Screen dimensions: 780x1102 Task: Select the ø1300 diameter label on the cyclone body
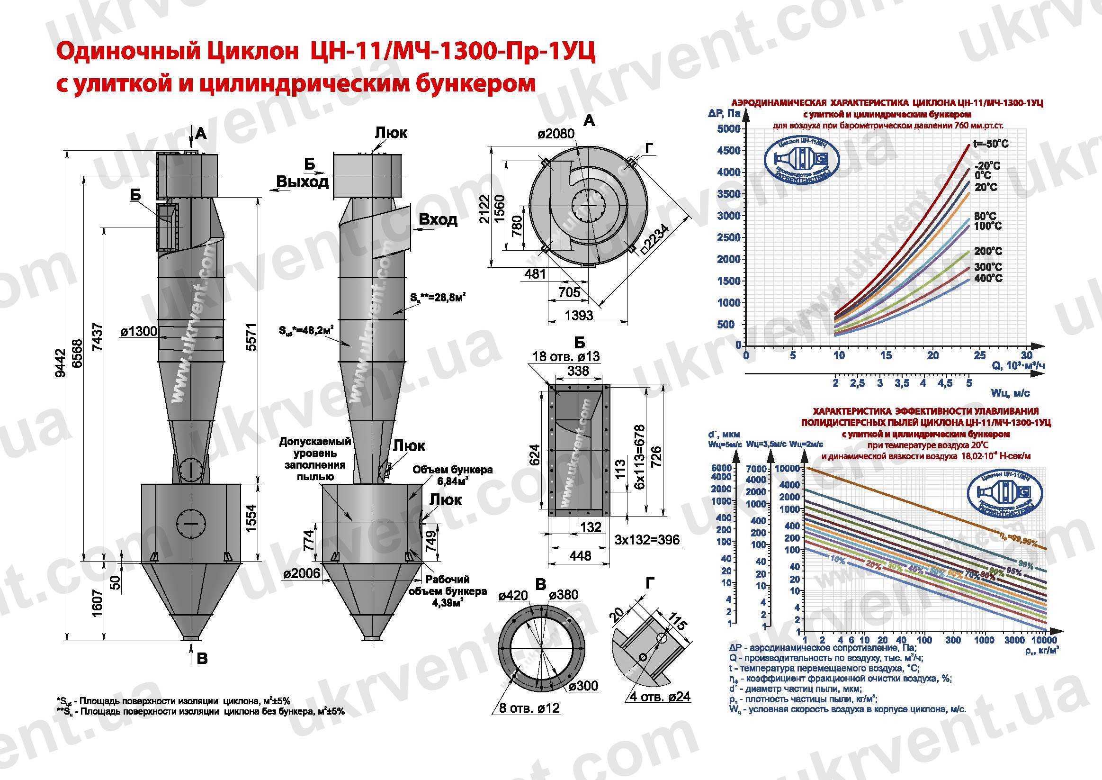[139, 331]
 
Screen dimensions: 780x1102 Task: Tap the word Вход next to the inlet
[438, 219]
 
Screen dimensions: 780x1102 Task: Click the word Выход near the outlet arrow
[303, 181]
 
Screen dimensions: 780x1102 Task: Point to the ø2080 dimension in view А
[556, 134]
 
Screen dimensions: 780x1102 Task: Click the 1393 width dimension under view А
[579, 316]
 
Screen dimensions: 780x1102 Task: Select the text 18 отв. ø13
[566, 356]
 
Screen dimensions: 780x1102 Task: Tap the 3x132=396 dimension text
[647, 540]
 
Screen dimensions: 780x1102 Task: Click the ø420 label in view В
[513, 596]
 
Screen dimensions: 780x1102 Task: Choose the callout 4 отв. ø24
[660, 697]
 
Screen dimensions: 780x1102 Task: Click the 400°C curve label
[988, 278]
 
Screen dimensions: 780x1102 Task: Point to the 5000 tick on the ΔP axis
[728, 129]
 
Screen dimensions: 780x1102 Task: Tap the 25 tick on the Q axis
[980, 355]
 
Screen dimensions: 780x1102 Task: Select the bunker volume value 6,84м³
[452, 481]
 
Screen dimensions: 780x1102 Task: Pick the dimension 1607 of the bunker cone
[97, 603]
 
